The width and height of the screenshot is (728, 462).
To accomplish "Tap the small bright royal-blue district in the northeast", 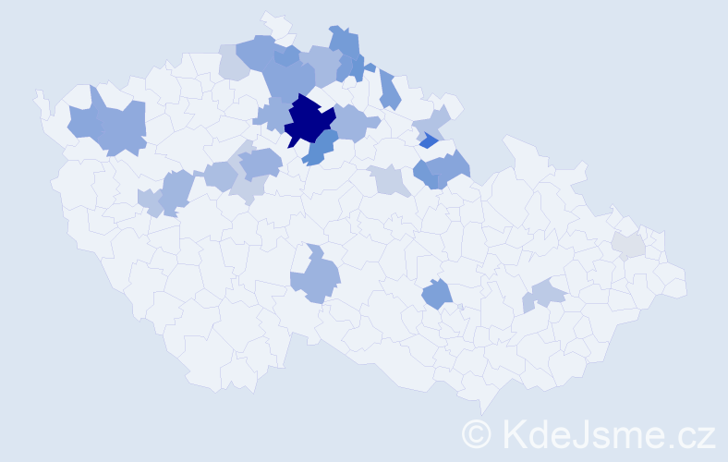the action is [x=429, y=140].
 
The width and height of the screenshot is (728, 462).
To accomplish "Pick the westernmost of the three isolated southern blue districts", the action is [x=317, y=277].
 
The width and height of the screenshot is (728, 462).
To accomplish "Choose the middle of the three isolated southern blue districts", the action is [x=437, y=295].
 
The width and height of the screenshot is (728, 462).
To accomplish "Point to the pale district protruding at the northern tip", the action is [x=274, y=24].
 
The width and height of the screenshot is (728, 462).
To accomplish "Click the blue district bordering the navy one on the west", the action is [x=272, y=115].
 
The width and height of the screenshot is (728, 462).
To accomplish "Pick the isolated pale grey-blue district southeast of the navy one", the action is [x=391, y=179].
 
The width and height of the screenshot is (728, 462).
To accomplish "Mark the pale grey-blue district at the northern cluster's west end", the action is [x=233, y=64].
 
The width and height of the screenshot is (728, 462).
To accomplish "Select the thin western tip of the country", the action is [x=40, y=98].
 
